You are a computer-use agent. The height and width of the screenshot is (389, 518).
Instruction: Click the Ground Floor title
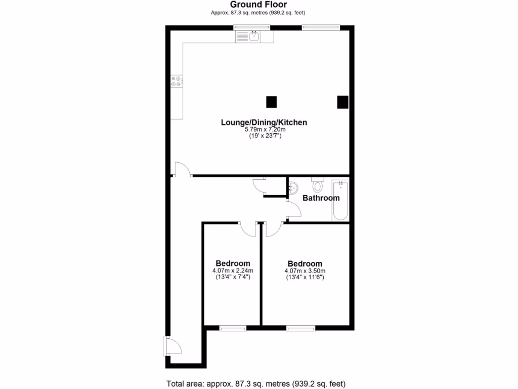point(258,5)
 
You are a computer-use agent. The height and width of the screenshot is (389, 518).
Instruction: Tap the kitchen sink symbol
point(253,36)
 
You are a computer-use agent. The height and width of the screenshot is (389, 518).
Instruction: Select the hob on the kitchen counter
point(177,81)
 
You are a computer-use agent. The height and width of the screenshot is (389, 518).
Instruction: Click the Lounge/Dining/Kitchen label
point(264,122)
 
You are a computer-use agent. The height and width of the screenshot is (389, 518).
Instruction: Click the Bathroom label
point(321,198)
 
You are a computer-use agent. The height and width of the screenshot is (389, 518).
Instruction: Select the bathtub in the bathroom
point(340,201)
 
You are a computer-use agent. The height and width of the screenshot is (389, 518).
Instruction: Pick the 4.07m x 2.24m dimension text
point(233,271)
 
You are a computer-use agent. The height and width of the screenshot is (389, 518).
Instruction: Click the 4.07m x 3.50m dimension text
point(305,271)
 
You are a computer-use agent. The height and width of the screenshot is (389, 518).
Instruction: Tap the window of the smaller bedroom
point(233,328)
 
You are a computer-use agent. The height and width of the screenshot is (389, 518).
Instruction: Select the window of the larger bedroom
point(300,328)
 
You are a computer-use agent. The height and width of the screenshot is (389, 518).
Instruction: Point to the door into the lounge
point(182,170)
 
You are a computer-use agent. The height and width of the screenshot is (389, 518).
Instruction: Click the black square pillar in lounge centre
point(272,102)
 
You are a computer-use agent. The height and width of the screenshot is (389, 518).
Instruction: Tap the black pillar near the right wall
point(343,102)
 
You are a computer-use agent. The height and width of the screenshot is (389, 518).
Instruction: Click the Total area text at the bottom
point(256,383)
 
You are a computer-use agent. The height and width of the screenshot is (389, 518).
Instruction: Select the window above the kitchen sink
point(252,27)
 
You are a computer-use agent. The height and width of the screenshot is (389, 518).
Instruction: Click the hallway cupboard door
point(260,186)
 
